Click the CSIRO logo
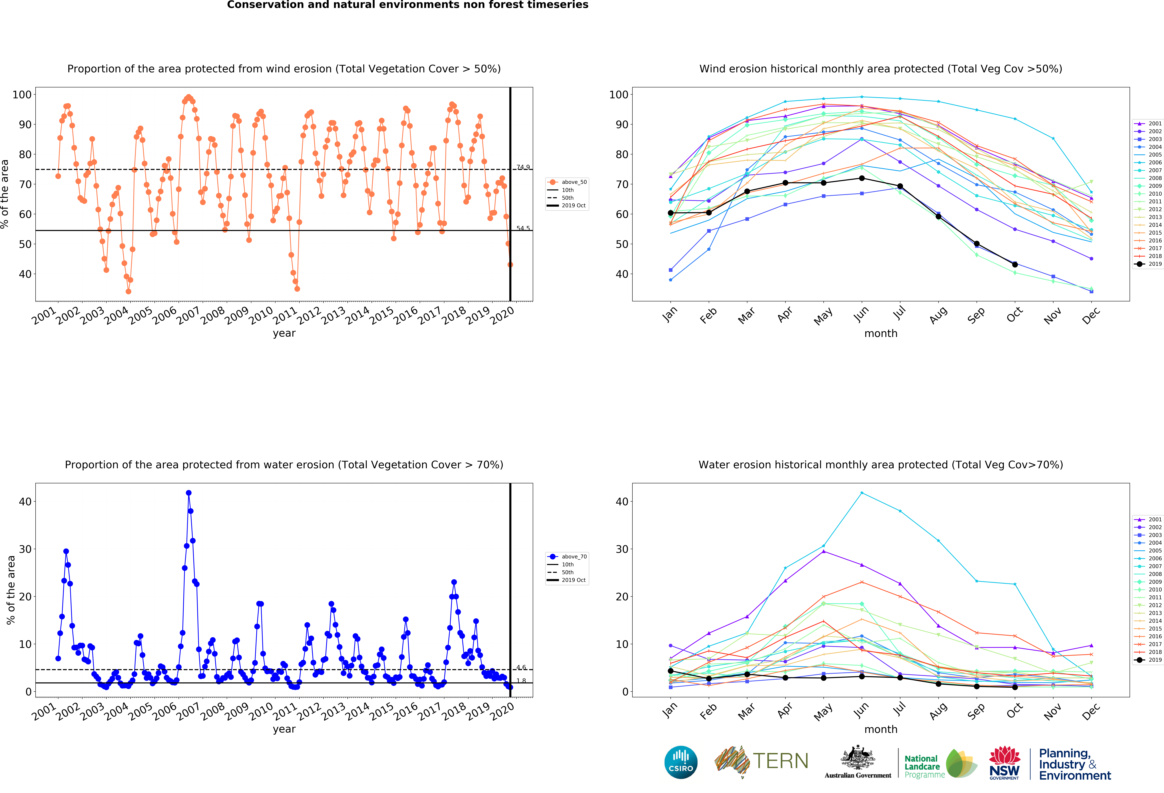[681, 762]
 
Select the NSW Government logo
[1004, 763]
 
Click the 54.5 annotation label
[523, 228]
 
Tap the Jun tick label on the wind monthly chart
[861, 314]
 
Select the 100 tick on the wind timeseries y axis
[22, 95]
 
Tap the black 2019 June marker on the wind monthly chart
[861, 178]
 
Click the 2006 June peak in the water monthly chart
[861, 493]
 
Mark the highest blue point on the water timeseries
[188, 493]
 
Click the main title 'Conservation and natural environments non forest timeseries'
[408, 5]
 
